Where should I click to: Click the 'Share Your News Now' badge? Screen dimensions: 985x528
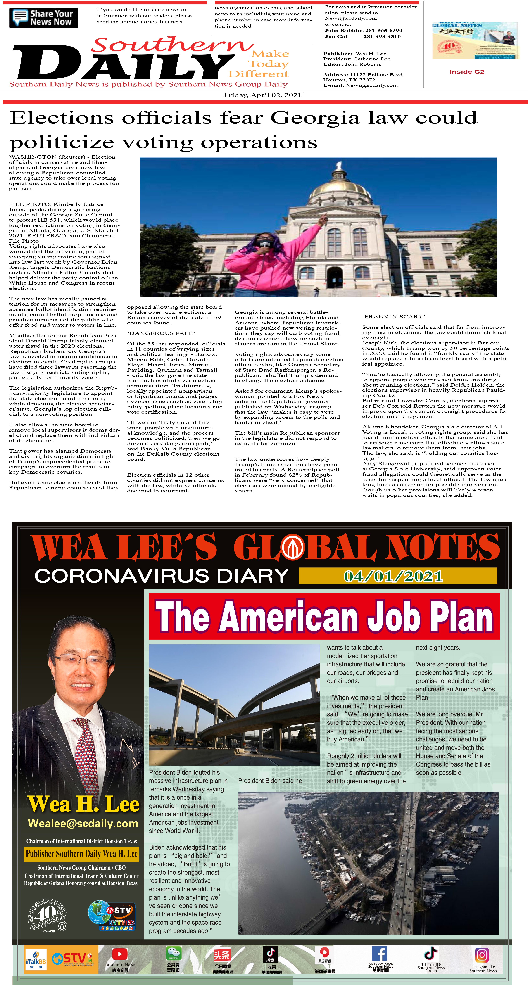43,18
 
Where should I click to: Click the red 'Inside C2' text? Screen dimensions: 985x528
466,71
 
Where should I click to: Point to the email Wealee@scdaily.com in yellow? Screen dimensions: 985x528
83,823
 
